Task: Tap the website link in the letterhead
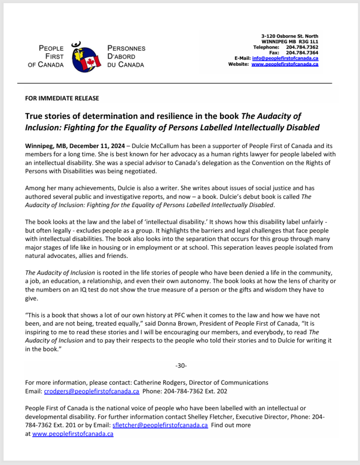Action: point(285,64)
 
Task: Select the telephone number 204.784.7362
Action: point(302,47)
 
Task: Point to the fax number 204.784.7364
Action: point(302,53)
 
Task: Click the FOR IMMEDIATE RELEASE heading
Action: point(62,98)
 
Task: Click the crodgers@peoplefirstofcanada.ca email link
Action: point(91,391)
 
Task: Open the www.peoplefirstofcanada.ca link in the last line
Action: point(73,434)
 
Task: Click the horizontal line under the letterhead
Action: point(175,84)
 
